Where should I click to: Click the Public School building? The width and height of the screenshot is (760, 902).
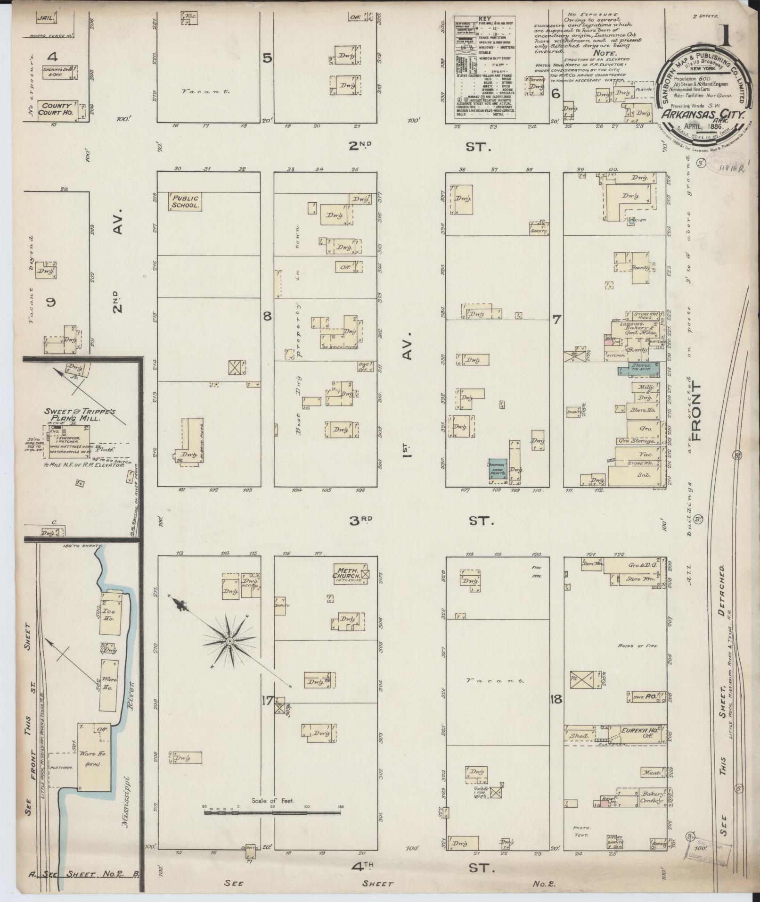(185, 202)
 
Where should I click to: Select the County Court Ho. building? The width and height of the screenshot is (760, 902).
(55, 109)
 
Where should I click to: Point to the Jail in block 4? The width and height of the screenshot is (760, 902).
(46, 18)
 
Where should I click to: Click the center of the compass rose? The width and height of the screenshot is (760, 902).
(229, 642)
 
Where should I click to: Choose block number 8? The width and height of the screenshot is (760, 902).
(267, 316)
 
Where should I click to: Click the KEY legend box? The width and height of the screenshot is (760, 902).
(484, 67)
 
